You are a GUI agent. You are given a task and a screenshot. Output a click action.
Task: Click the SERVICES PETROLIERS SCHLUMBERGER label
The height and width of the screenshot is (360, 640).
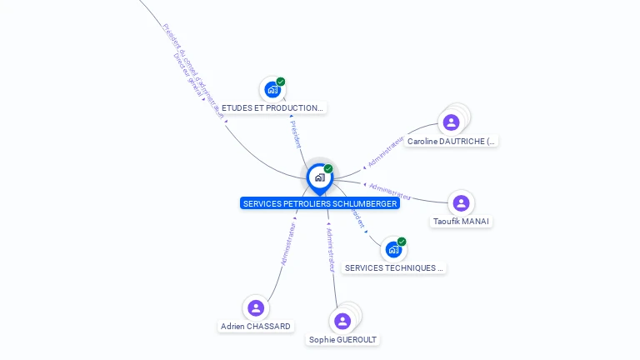[319, 203]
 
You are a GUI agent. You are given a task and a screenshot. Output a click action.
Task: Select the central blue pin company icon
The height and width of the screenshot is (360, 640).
[319, 177]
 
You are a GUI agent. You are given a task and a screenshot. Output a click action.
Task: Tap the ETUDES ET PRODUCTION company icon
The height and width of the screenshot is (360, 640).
[272, 89]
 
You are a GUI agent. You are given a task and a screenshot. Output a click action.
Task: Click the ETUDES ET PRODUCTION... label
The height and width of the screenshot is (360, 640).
[272, 108]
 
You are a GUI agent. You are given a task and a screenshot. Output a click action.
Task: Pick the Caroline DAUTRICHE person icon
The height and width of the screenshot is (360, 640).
[451, 122]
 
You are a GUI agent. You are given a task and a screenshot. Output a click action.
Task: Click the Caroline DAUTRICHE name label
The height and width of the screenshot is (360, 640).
[452, 142]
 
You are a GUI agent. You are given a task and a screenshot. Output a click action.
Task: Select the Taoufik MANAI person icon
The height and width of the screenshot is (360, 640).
[461, 202]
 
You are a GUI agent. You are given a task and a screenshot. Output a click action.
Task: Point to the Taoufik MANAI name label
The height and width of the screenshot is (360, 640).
[462, 222]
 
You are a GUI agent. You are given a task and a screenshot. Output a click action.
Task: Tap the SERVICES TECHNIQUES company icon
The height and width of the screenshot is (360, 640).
[392, 249]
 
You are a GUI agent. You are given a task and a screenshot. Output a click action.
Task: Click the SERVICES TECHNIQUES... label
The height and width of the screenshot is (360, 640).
[394, 268]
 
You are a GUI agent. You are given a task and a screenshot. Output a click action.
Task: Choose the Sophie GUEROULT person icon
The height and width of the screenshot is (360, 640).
[342, 321]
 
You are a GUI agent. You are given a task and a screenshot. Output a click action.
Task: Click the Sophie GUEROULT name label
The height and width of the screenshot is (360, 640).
[342, 340]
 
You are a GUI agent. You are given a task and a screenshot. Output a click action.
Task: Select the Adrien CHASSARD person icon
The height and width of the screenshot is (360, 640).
[256, 307]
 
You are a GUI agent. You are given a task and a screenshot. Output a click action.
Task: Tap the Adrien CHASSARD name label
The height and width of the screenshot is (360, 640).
[256, 327]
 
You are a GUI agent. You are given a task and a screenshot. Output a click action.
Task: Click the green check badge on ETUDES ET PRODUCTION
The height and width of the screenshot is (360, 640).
[281, 82]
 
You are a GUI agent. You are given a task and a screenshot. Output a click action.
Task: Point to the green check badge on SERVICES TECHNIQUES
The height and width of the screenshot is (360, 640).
[402, 242]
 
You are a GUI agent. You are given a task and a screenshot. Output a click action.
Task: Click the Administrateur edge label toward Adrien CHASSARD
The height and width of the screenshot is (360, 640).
[288, 244]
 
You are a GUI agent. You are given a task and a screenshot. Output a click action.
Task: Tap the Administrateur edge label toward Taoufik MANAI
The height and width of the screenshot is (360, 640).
[390, 192]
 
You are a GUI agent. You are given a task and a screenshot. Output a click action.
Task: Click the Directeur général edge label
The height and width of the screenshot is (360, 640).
[187, 72]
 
